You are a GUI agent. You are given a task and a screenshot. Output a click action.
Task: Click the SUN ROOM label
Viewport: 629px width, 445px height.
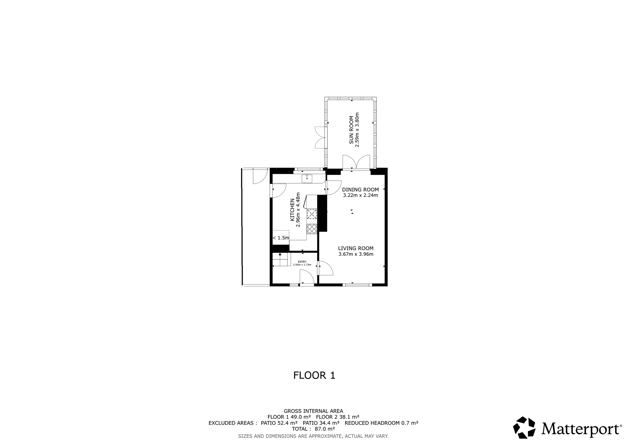pyautogui.click(x=351, y=130)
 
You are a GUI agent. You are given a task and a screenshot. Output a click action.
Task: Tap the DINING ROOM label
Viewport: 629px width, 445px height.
pyautogui.click(x=360, y=190)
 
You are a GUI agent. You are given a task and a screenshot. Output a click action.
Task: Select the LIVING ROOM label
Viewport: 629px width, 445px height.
pyautogui.click(x=356, y=248)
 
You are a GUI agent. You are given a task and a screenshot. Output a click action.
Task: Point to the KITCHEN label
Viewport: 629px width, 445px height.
pyautogui.click(x=292, y=210)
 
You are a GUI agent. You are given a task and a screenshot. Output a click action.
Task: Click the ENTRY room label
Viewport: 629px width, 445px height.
pyautogui.click(x=302, y=262)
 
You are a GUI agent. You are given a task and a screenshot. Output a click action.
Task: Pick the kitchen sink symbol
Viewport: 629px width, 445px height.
pyautogui.click(x=307, y=179)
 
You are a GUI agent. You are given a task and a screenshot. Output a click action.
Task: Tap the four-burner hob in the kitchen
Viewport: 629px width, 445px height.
pyautogui.click(x=312, y=229)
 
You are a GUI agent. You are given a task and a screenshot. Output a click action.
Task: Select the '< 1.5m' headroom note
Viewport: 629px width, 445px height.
pyautogui.click(x=281, y=238)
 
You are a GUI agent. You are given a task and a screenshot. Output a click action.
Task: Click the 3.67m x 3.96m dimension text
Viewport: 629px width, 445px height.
pyautogui.click(x=356, y=254)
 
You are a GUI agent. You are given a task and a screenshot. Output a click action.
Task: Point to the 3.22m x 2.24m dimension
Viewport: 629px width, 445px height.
pyautogui.click(x=360, y=195)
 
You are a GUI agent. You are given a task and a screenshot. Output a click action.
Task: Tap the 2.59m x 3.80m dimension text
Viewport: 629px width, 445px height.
pyautogui.click(x=357, y=130)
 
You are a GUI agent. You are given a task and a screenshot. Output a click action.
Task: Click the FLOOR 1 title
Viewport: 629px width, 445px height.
pyautogui.click(x=314, y=375)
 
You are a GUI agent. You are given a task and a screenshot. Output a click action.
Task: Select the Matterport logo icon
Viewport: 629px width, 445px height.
pyautogui.click(x=524, y=427)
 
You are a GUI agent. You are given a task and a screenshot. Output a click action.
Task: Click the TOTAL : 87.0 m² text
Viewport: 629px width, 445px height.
pyautogui.click(x=313, y=429)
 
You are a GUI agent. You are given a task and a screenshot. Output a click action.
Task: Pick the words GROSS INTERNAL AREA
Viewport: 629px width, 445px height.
pyautogui.click(x=313, y=411)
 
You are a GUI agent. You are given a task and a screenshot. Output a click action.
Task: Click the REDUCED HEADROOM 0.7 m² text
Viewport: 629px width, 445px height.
pyautogui.click(x=381, y=423)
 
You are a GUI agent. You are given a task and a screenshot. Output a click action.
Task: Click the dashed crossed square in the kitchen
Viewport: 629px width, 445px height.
pyautogui.click(x=312, y=214)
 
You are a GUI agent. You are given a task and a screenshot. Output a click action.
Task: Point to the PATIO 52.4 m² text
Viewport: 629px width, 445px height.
pyautogui.click(x=279, y=423)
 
